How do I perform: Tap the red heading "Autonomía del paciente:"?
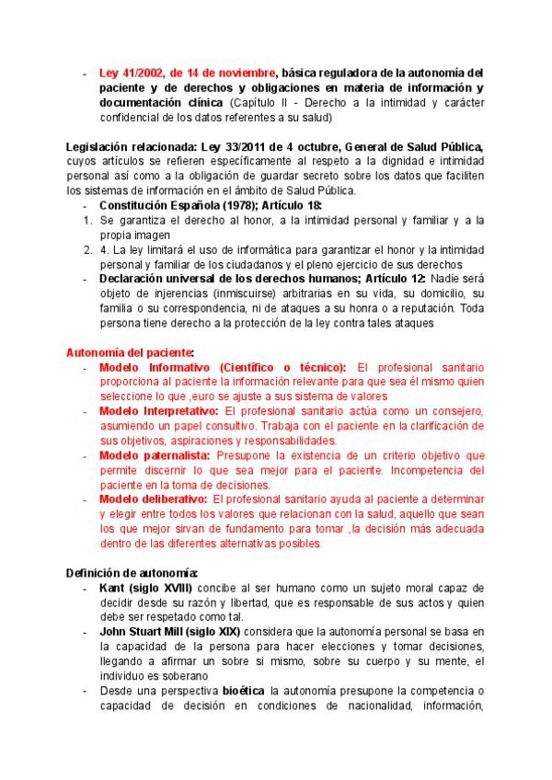click(x=129, y=352)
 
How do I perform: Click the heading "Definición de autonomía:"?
click(x=125, y=573)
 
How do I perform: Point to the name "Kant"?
click(x=112, y=587)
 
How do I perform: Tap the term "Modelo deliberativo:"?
click(x=152, y=499)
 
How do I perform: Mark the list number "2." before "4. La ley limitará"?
click(x=86, y=248)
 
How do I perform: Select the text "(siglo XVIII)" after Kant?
click(x=160, y=587)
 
